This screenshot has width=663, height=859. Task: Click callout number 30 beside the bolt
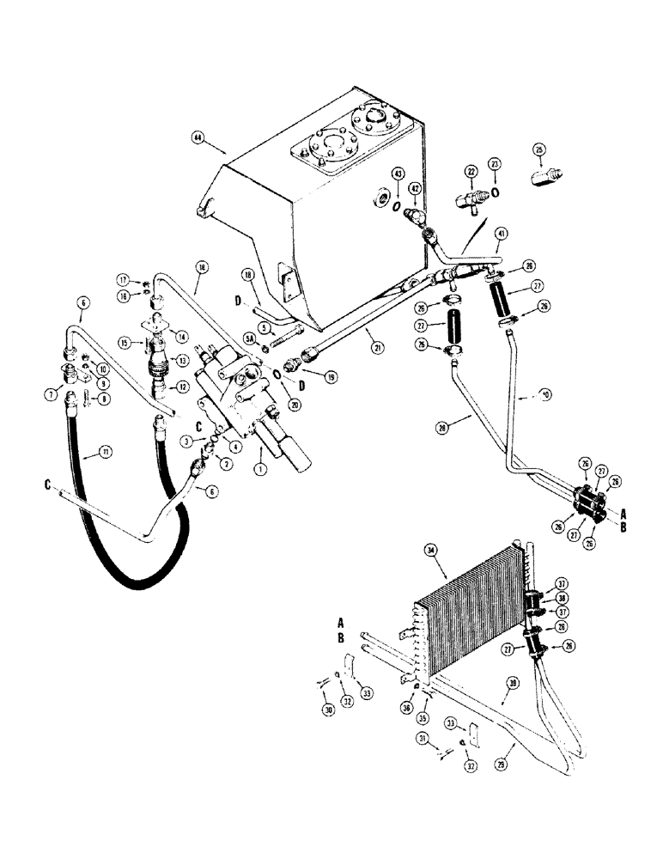pos(327,708)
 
